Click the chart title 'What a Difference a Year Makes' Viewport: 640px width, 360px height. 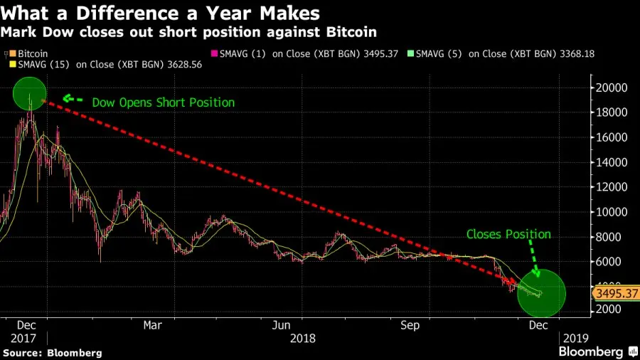[x=160, y=13]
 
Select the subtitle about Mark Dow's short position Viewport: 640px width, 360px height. [x=189, y=32]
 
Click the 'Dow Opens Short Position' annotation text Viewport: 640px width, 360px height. [x=163, y=102]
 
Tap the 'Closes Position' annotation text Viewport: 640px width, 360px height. [x=508, y=233]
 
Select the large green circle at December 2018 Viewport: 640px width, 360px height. [x=541, y=293]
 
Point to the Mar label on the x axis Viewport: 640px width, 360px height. [x=151, y=325]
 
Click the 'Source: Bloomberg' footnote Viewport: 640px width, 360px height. [x=53, y=352]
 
